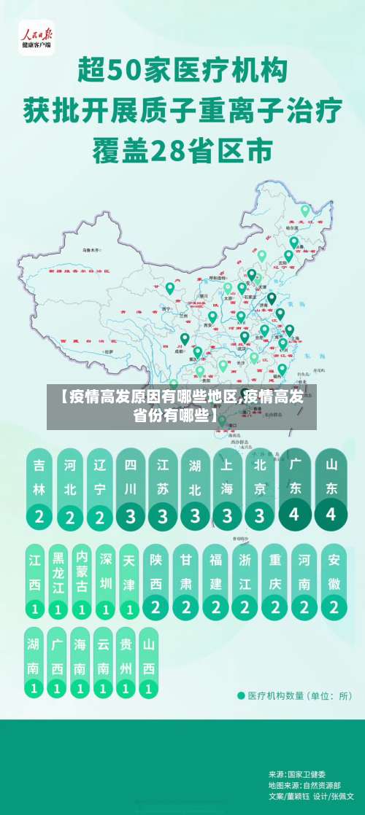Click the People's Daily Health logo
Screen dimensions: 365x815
tap(36, 37)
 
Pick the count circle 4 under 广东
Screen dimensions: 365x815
tap(295, 514)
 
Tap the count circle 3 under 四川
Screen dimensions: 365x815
tap(131, 517)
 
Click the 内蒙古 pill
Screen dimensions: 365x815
tap(81, 576)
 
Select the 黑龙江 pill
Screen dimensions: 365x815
tap(58, 576)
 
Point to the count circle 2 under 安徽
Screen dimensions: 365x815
tap(334, 606)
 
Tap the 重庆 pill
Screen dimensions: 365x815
tap(275, 576)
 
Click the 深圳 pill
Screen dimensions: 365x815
tap(105, 576)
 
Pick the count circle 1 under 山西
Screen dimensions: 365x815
tap(149, 687)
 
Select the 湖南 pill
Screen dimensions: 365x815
tap(34, 656)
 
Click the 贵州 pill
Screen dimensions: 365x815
tap(126, 656)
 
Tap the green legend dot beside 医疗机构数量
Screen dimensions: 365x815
tap(242, 695)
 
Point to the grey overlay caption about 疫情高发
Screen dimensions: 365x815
tap(182, 407)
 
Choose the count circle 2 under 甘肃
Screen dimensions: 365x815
tap(187, 606)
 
